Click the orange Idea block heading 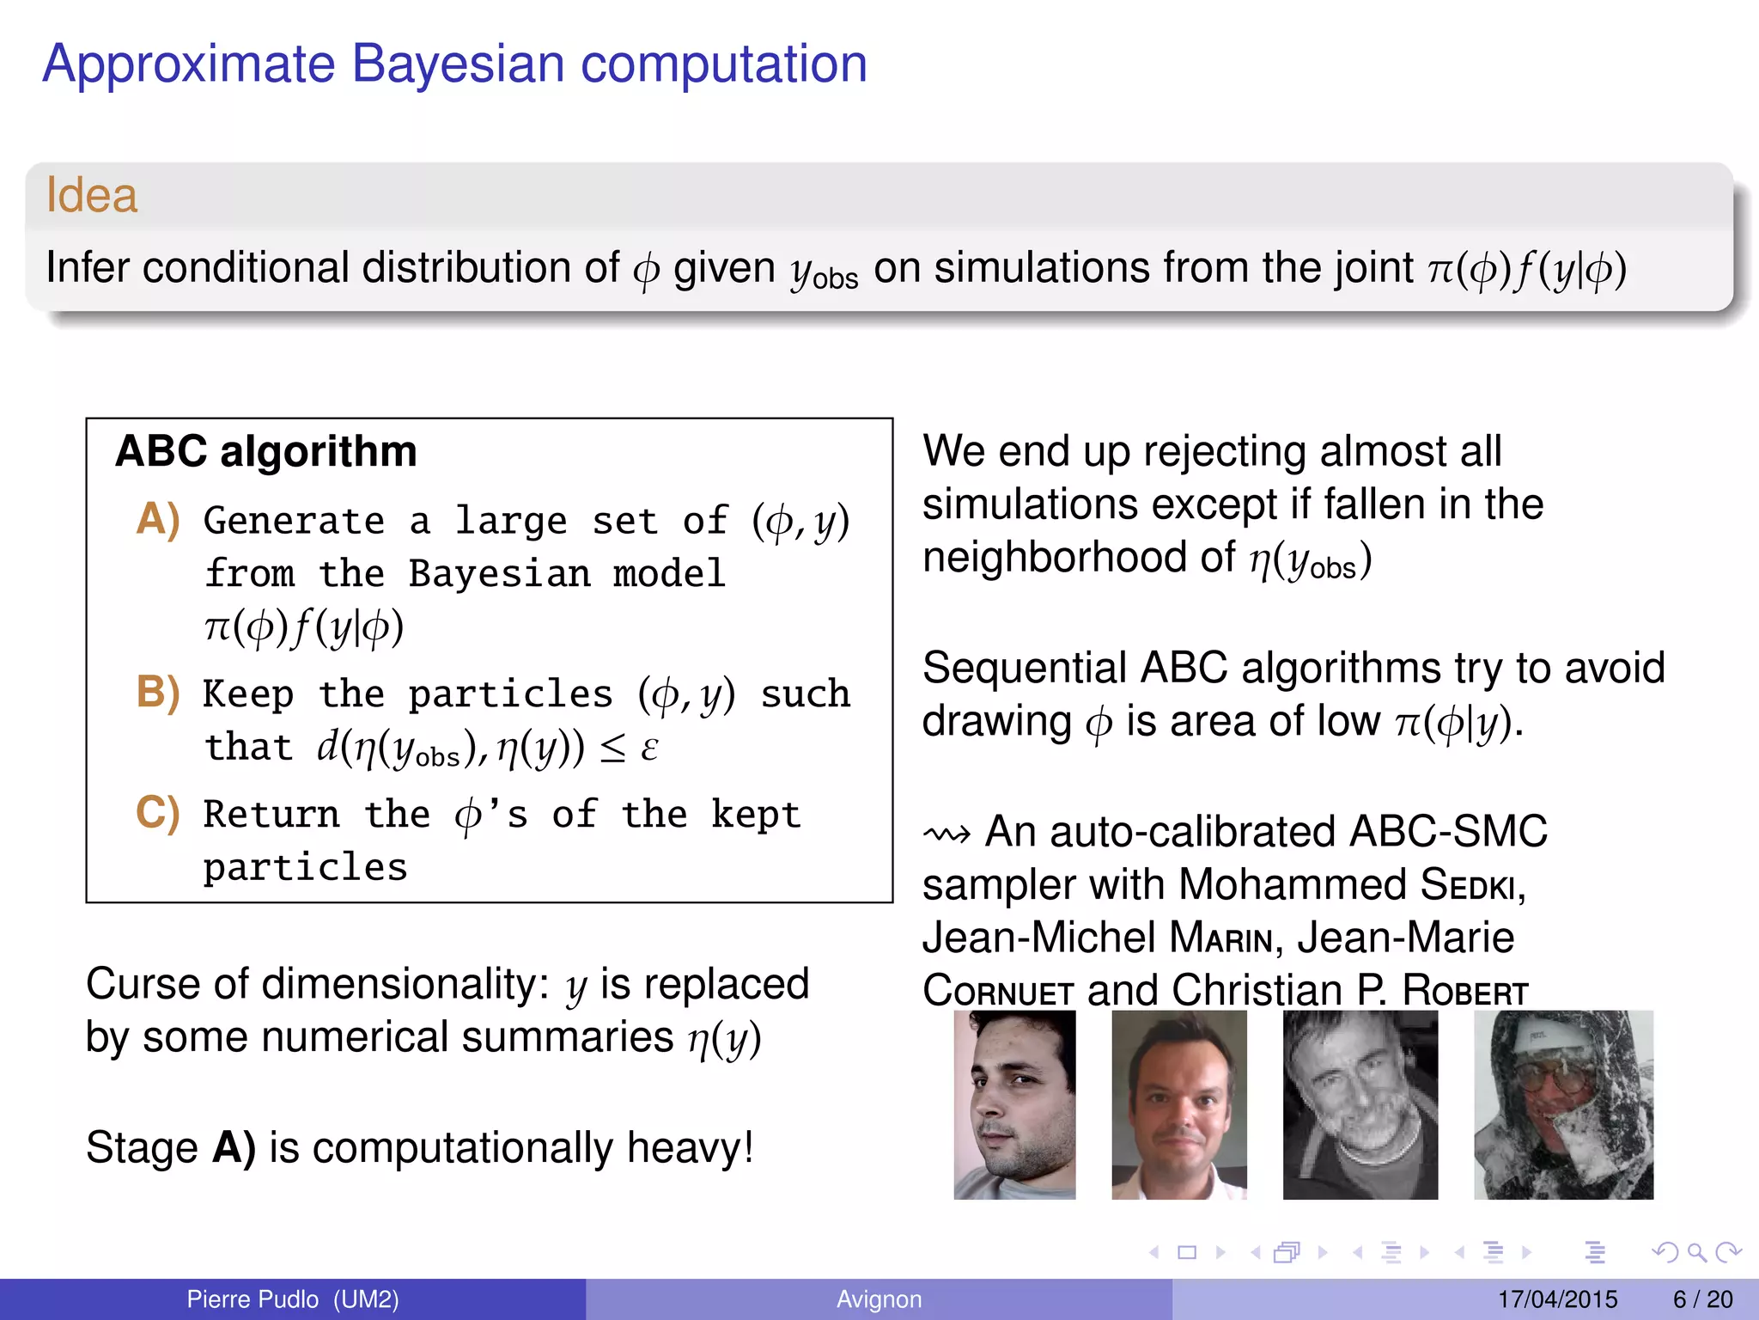pos(92,195)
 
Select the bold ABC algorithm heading pos(266,452)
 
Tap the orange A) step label pos(158,519)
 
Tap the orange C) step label pos(158,812)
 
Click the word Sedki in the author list pos(1470,885)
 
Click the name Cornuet pos(998,992)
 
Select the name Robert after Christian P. pos(1465,992)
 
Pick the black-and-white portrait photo pos(1360,1105)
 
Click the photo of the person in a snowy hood pos(1563,1105)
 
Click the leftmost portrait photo pos(1014,1105)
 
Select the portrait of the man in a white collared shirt pos(1178,1105)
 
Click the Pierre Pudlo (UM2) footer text pos(293,1299)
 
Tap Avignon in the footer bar pos(879,1299)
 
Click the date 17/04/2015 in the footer pos(1557,1299)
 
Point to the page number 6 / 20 pos(1702,1299)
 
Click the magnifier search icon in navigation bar pos(1696,1253)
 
